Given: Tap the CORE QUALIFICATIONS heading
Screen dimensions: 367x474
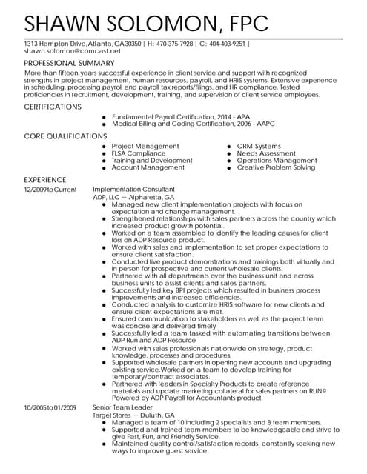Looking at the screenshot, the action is coord(66,136).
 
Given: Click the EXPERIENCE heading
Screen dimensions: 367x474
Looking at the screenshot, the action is coord(45,180).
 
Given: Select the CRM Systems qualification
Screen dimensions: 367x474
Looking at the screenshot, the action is coord(259,147).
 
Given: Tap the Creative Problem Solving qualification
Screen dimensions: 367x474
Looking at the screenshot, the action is coord(276,167).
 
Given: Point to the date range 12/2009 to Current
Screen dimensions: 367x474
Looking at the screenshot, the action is coord(50,190).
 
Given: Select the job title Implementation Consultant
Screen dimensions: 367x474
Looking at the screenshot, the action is coord(133,190).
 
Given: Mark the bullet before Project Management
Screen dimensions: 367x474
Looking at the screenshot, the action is coord(105,147).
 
